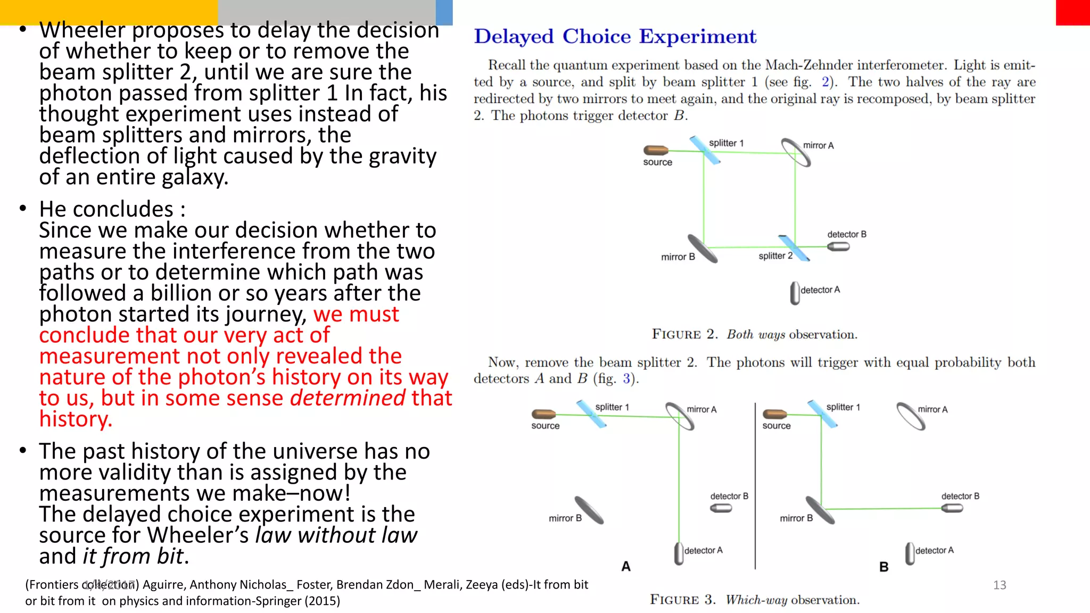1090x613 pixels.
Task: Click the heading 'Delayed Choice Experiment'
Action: click(615, 37)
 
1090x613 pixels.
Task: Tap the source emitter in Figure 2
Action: click(656, 151)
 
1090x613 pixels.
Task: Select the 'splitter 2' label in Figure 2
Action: click(775, 256)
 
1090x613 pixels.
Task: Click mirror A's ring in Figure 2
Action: click(796, 152)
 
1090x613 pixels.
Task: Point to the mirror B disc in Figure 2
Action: click(703, 248)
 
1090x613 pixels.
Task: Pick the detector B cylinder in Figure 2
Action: click(838, 247)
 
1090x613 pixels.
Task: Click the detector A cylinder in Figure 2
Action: click(795, 293)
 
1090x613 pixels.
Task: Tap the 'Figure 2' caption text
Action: click(754, 335)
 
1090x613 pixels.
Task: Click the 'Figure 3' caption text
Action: click(754, 600)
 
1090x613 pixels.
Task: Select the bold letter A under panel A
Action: click(626, 567)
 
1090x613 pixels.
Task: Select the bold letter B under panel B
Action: click(884, 567)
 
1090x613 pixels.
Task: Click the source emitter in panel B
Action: click(774, 414)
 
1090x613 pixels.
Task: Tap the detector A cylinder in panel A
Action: click(679, 553)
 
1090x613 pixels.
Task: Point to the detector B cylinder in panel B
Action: click(952, 508)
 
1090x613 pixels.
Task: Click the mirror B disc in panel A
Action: click(589, 510)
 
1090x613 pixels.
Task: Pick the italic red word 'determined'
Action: click(347, 398)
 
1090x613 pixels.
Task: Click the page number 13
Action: click(1000, 585)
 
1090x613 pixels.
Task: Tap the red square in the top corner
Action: click(1072, 12)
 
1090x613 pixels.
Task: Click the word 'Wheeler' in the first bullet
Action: click(82, 30)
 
